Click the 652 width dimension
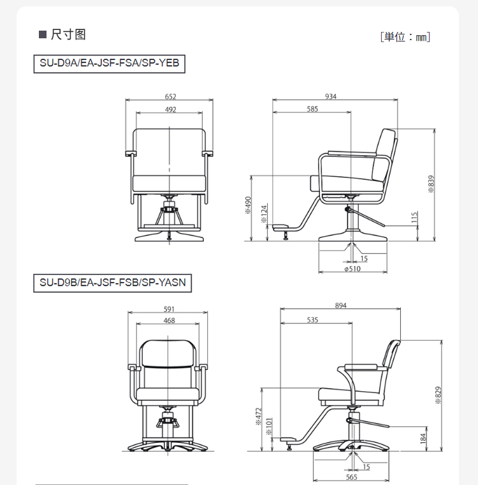[x=170, y=96]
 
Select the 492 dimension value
[x=171, y=110]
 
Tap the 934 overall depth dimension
[x=331, y=96]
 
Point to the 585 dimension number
[x=312, y=109]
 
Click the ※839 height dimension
[x=431, y=184]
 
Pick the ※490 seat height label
[x=248, y=205]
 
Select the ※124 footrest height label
[x=264, y=214]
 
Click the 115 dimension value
[x=414, y=217]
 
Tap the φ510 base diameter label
[x=352, y=269]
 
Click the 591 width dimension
[x=169, y=309]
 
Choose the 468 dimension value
[x=169, y=320]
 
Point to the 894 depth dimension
[x=340, y=306]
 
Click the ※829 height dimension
[x=438, y=395]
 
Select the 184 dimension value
[x=423, y=438]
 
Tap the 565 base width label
[x=352, y=477]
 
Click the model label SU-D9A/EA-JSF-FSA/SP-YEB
[x=110, y=63]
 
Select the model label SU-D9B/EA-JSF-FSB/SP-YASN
[x=112, y=283]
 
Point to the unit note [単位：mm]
[x=405, y=37]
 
